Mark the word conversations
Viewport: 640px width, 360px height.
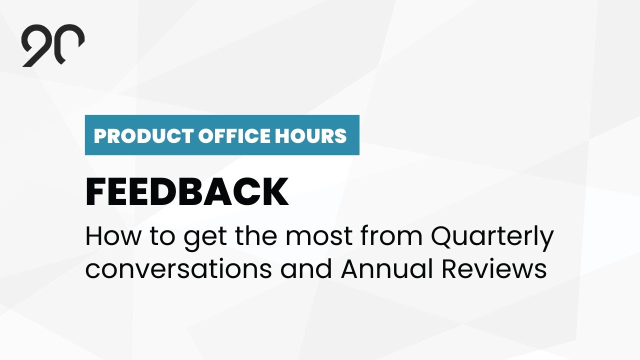[x=178, y=269]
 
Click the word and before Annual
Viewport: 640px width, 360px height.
[x=306, y=269]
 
